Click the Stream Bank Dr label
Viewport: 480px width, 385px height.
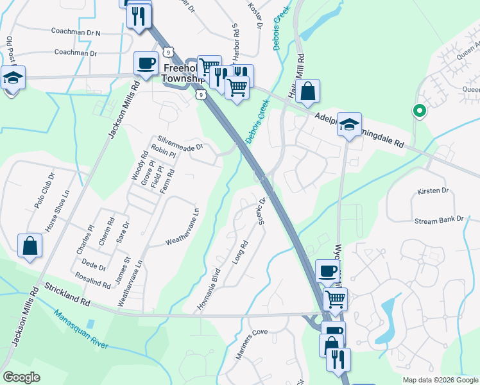pos(439,219)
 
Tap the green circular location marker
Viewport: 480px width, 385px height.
pos(419,111)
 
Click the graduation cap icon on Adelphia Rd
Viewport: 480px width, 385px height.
pos(349,124)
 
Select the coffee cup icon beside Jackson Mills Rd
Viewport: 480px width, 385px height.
pos(146,63)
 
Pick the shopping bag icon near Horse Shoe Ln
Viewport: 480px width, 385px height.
pos(30,246)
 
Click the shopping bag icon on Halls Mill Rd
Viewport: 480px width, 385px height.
pos(308,91)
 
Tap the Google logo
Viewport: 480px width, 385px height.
pos(21,377)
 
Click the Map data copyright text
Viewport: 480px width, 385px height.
pos(440,380)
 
